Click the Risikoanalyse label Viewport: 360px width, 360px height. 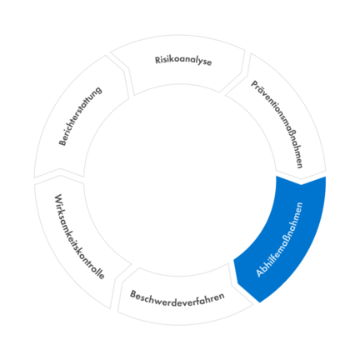pyautogui.click(x=183, y=61)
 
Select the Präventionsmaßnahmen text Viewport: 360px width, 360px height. pyautogui.click(x=277, y=124)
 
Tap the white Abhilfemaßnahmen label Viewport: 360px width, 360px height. pyautogui.click(x=279, y=239)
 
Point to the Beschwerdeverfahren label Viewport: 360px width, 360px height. pyautogui.click(x=177, y=300)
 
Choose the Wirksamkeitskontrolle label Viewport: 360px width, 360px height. pyautogui.click(x=79, y=237)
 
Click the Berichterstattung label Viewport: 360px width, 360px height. pyautogui.click(x=80, y=116)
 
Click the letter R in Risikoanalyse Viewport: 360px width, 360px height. pyautogui.click(x=157, y=60)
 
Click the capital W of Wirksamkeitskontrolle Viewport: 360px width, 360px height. pyautogui.click(x=58, y=199)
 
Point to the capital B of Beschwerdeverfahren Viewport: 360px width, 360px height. pyautogui.click(x=133, y=294)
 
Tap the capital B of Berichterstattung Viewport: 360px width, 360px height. pyautogui.click(x=62, y=142)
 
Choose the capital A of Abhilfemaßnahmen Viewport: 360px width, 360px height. pyautogui.click(x=260, y=272)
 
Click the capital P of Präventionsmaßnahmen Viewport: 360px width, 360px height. pyautogui.click(x=254, y=84)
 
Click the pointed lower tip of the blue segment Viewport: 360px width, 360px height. pyautogui.click(x=259, y=302)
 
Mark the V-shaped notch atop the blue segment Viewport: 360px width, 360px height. pyautogui.click(x=302, y=184)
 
